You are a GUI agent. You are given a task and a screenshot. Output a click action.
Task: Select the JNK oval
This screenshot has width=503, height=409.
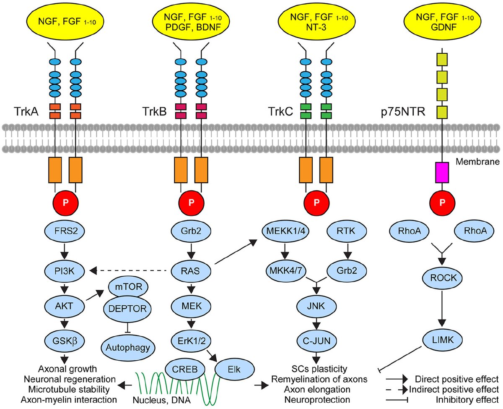(315, 308)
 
